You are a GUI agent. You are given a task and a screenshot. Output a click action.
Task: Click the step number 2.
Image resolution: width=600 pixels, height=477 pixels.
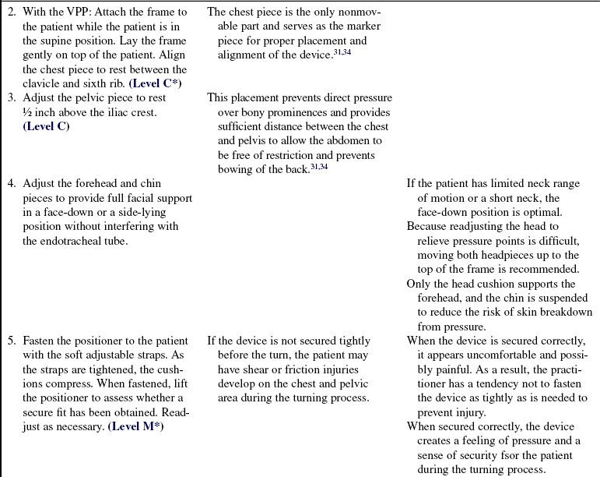(x=12, y=12)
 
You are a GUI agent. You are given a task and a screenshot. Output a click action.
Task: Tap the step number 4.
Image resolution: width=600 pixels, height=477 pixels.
(x=12, y=184)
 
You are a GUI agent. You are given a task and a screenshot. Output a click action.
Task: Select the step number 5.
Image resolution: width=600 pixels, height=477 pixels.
(x=12, y=341)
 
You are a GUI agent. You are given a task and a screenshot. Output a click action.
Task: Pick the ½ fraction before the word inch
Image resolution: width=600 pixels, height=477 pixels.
(x=28, y=113)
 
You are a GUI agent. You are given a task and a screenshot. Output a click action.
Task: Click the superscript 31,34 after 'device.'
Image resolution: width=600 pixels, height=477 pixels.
(x=332, y=53)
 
